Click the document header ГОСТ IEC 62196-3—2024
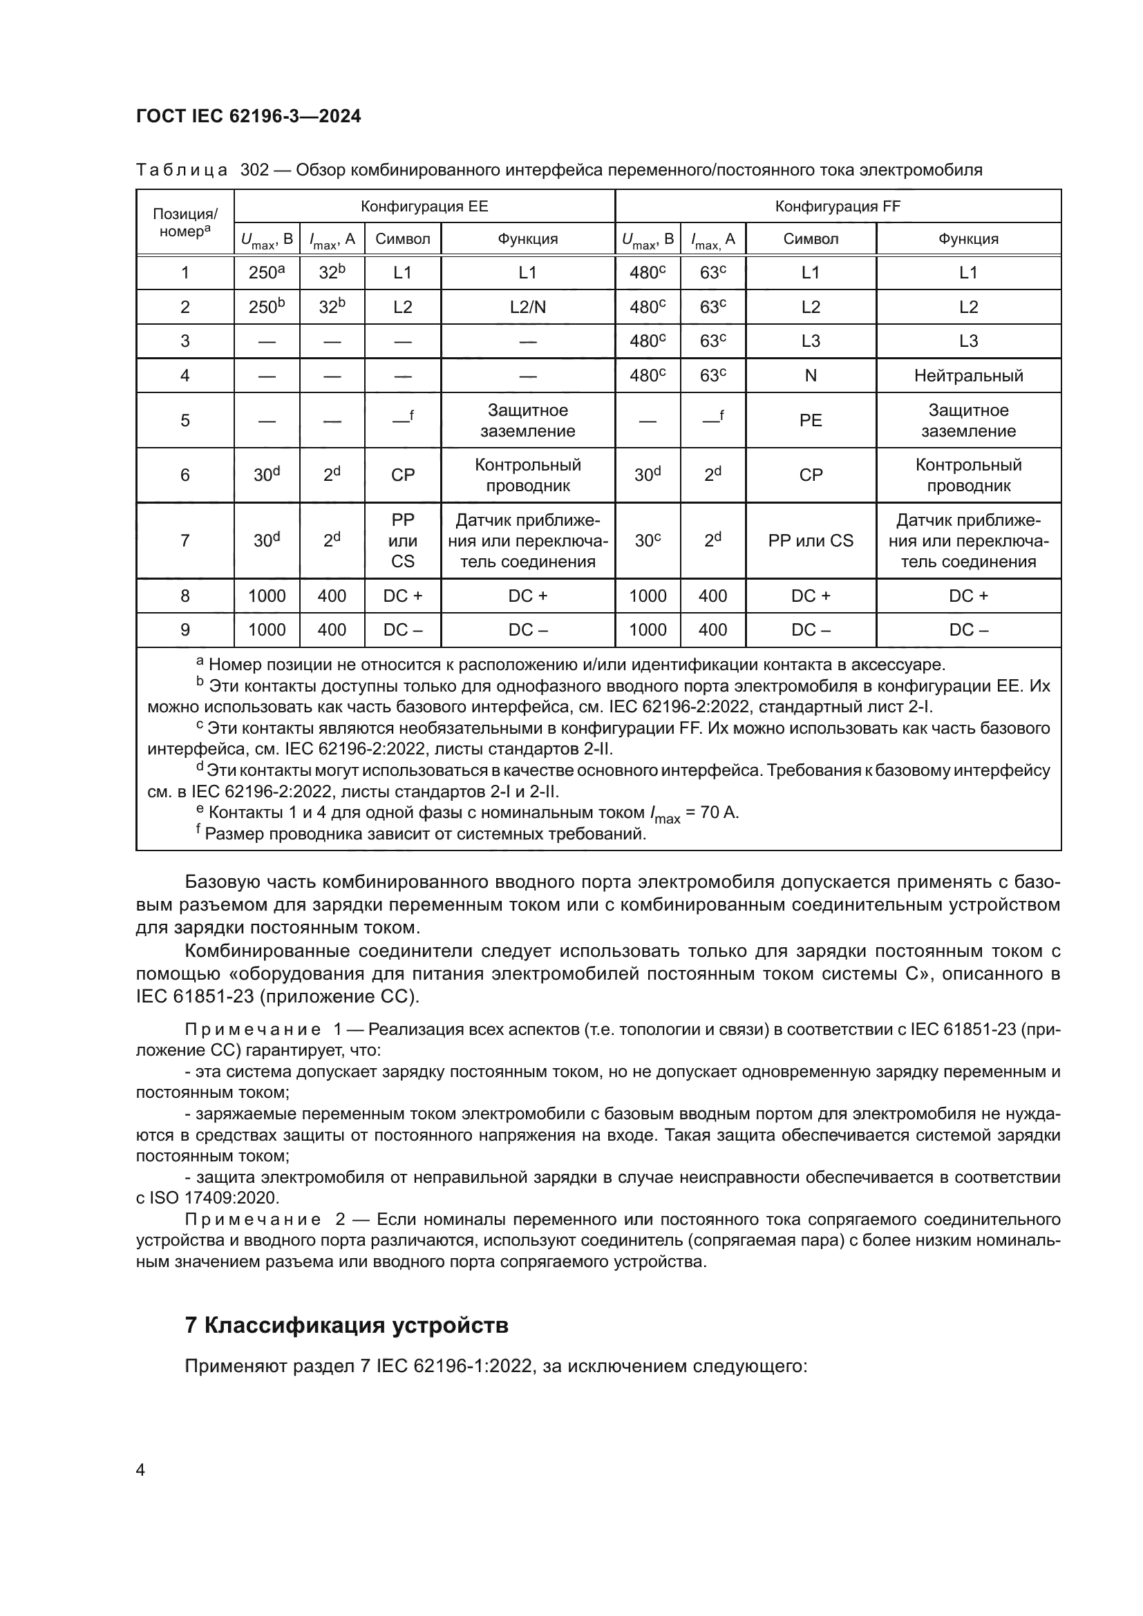(x=249, y=116)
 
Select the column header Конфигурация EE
(x=424, y=206)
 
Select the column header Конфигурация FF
(x=838, y=206)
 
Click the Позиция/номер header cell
(x=185, y=222)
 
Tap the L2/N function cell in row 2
(x=527, y=307)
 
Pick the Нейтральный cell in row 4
(x=967, y=375)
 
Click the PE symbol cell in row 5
(x=810, y=420)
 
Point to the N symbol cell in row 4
(x=810, y=375)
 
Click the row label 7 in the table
(x=185, y=540)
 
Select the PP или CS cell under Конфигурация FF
(x=810, y=540)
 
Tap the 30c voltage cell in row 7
(x=647, y=540)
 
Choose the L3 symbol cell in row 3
(x=810, y=341)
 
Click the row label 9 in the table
(x=185, y=630)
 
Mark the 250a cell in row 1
(x=266, y=273)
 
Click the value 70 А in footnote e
(x=719, y=813)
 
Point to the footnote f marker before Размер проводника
(x=198, y=830)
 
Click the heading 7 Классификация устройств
(x=346, y=1325)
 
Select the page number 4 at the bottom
(x=140, y=1470)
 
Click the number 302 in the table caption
(x=254, y=170)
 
